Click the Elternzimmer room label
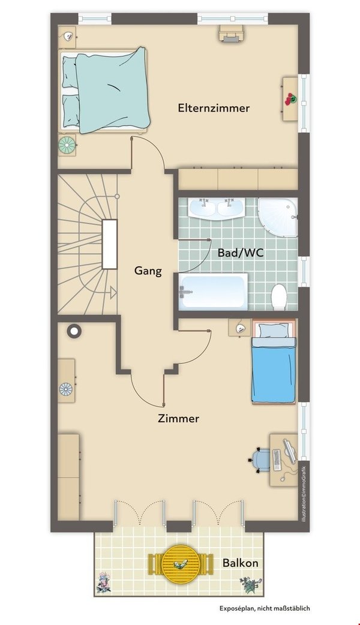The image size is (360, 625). click(x=214, y=107)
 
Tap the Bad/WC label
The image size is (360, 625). click(x=241, y=253)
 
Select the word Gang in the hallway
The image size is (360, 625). click(x=148, y=271)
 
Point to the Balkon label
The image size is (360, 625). click(x=240, y=563)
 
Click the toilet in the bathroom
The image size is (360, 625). click(x=278, y=296)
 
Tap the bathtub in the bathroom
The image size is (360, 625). click(x=213, y=292)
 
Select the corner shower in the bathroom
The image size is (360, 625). click(x=277, y=217)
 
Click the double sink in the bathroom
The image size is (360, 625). click(x=217, y=208)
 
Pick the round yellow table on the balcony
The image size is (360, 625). click(x=181, y=564)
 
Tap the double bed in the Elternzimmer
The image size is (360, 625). click(x=104, y=91)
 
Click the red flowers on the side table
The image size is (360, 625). click(x=290, y=99)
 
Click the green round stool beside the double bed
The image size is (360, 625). click(x=67, y=145)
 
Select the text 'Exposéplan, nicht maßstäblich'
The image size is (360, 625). click(x=265, y=608)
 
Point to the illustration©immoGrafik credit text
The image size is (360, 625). click(x=304, y=494)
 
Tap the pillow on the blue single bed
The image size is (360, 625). click(x=274, y=330)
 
